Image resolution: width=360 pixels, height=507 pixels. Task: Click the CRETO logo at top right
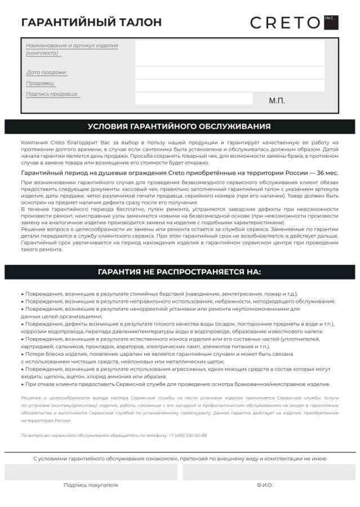pos(285,23)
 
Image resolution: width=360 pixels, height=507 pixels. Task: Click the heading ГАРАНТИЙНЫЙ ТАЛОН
pos(91,22)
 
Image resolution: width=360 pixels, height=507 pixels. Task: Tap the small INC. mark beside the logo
pos(330,17)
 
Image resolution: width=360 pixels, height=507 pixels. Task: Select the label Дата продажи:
pos(47,73)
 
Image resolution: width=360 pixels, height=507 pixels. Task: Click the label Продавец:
pos(41,83)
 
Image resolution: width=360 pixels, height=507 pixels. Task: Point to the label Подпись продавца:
pos(52,94)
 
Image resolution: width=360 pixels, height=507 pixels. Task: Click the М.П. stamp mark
pos(277,100)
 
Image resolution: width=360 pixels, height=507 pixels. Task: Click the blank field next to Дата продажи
pos(229,73)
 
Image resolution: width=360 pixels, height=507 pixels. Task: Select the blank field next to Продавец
pos(229,85)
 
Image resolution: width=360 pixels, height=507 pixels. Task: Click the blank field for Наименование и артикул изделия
pos(229,53)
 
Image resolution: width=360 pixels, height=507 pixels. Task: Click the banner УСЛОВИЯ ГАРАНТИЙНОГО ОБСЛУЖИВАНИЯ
pos(179,127)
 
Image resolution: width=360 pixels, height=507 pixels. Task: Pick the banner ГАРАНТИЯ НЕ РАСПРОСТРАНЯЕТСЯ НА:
pos(179,272)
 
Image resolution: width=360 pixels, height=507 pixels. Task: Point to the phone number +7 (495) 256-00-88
pos(188,435)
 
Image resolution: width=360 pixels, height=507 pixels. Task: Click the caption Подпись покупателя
pos(91,484)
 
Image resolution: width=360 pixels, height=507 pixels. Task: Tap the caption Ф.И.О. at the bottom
pos(264,484)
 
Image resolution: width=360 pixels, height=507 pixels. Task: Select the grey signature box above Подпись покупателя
pos(91,472)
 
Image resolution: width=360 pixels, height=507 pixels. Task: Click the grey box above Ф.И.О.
pos(269,472)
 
